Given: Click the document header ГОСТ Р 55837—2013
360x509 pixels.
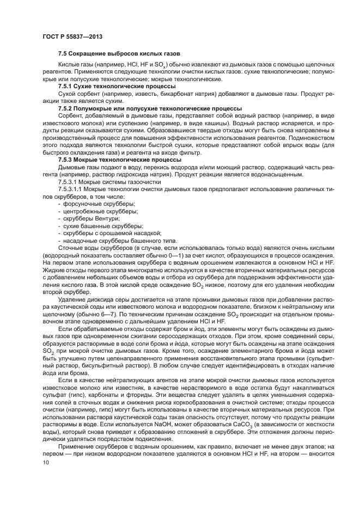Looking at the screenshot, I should (72, 36).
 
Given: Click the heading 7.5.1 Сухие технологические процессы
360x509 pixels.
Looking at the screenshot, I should (117, 87).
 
